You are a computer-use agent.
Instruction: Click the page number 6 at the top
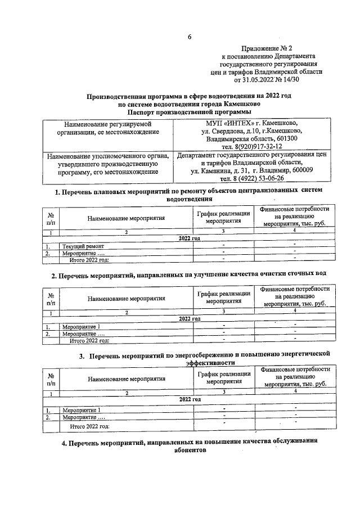click(190, 37)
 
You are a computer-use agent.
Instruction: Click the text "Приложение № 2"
click(267, 49)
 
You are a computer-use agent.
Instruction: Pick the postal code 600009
click(301, 170)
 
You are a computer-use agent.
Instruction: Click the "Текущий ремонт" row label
click(83, 246)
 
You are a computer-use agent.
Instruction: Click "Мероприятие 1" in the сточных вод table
click(82, 327)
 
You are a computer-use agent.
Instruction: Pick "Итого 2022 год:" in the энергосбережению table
click(89, 427)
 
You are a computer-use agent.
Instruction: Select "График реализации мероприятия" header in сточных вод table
click(224, 298)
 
